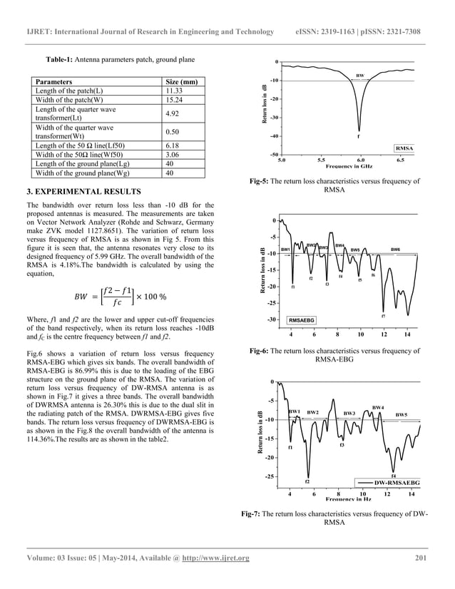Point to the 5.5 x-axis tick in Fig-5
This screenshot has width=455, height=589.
[x=321, y=160]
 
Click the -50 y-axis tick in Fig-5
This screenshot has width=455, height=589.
[x=274, y=154]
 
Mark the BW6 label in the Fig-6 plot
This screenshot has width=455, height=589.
[x=396, y=249]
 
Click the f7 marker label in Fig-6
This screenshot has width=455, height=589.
[x=384, y=315]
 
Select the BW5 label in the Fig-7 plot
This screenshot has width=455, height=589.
[x=402, y=414]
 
